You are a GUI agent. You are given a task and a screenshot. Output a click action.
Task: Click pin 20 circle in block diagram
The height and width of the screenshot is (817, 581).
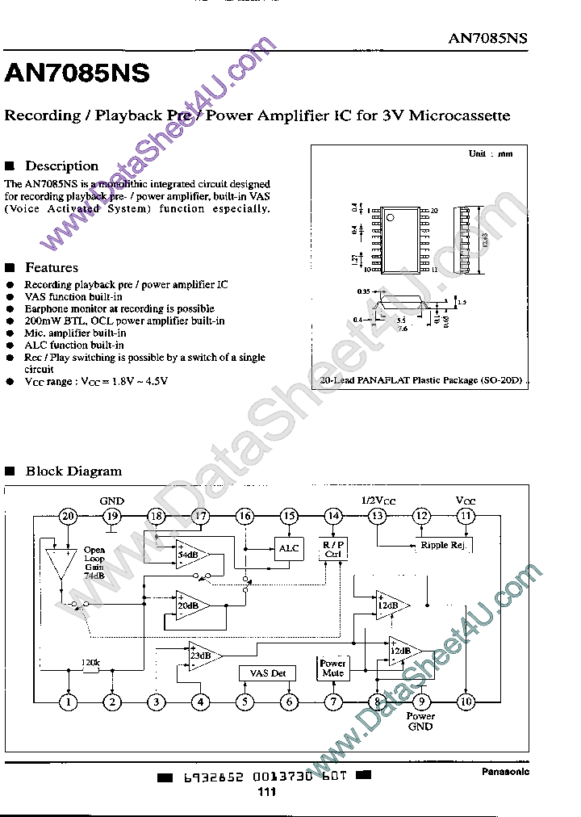click(x=69, y=516)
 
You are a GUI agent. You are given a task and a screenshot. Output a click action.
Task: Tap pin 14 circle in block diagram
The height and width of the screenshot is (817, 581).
click(x=332, y=516)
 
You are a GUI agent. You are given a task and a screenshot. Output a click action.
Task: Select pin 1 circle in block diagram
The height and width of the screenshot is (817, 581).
click(x=69, y=702)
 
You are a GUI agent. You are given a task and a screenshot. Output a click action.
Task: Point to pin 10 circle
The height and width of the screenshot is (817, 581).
click(x=465, y=702)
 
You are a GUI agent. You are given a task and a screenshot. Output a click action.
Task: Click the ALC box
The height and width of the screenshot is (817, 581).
click(x=288, y=549)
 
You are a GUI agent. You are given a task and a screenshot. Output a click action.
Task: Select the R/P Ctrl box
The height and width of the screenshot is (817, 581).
click(x=332, y=549)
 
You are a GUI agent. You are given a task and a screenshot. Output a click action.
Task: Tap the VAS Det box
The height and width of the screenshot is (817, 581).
click(x=268, y=673)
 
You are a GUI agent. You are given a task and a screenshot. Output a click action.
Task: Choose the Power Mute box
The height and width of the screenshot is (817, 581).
click(x=332, y=668)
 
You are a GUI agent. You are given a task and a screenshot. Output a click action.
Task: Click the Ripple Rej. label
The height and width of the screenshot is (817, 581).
click(x=444, y=546)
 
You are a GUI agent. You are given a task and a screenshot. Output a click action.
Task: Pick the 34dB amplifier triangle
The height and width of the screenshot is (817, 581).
click(x=190, y=555)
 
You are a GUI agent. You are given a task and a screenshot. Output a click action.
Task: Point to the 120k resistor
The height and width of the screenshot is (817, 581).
click(x=90, y=669)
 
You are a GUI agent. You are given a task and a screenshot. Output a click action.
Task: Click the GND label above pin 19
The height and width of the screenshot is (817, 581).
click(x=111, y=501)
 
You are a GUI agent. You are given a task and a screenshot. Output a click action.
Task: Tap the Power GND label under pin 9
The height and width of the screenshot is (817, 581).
click(x=420, y=721)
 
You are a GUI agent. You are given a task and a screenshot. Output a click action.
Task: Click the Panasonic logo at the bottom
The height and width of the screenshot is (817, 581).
click(x=505, y=772)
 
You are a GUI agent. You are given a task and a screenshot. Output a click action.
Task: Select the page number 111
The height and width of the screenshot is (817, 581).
click(x=267, y=793)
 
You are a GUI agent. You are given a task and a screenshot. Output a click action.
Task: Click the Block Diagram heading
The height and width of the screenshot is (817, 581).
click(x=73, y=471)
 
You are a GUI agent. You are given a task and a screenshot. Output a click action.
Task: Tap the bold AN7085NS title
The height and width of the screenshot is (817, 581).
click(x=77, y=73)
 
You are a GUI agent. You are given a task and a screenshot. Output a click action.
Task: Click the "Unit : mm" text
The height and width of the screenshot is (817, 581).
click(x=491, y=153)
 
